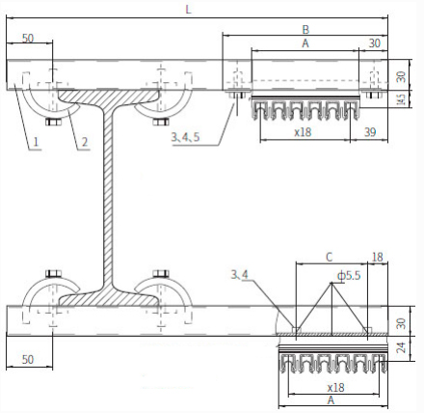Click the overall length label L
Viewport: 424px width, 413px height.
pos(189,10)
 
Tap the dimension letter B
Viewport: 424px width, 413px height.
pos(305,30)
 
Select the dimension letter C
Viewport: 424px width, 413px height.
pos(330,258)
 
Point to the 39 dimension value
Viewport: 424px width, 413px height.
pos(370,132)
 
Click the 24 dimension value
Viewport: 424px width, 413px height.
pos(401,347)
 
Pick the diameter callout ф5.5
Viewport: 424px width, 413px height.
pos(349,276)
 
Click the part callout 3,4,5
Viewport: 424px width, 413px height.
pos(185,137)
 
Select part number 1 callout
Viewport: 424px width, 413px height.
pos(36,142)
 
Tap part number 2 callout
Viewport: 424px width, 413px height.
pos(84,142)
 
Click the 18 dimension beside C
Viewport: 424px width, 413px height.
pos(378,258)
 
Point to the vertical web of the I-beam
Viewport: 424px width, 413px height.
pos(109,198)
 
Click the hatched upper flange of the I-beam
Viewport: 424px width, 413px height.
pos(109,97)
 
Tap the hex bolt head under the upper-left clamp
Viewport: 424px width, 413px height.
pos(53,123)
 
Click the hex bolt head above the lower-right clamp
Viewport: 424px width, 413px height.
pos(161,274)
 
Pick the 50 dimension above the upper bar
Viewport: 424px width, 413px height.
pos(28,39)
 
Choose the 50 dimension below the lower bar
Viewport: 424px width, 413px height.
pos(28,359)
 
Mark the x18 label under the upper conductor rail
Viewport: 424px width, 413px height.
pos(303,132)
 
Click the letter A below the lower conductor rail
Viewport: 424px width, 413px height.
pos(331,400)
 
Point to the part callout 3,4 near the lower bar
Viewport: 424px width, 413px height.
pos(240,275)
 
